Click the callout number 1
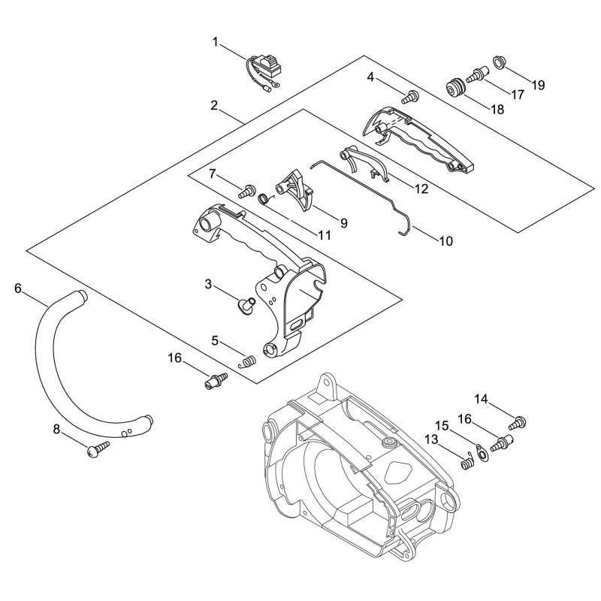point(216,42)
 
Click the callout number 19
point(538,85)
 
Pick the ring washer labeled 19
point(498,62)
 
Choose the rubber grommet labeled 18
point(456,88)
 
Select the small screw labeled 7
point(246,191)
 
